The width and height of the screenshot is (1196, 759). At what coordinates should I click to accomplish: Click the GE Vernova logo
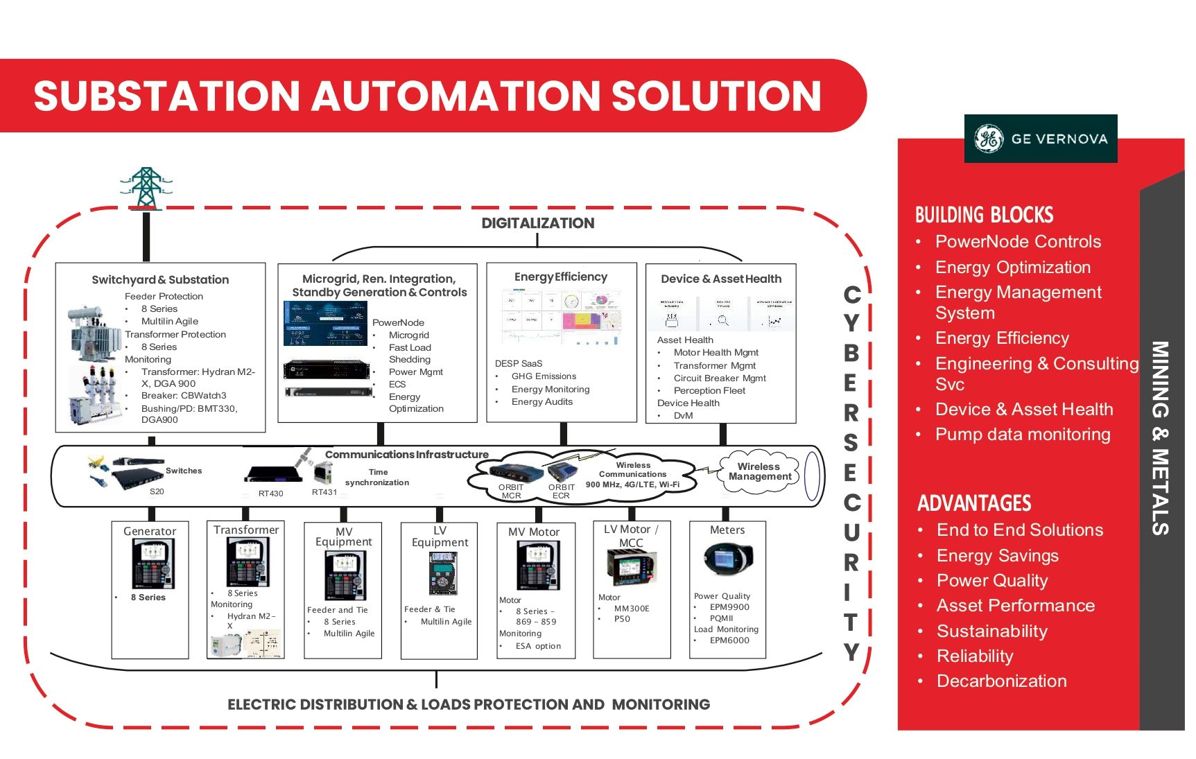click(1040, 139)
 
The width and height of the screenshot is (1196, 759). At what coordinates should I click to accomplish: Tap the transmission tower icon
click(146, 188)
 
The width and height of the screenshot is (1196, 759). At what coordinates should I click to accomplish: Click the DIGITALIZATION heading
click(537, 223)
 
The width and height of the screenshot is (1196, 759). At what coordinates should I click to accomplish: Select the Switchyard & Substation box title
click(160, 280)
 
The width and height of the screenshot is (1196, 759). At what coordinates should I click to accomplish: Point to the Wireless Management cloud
click(759, 472)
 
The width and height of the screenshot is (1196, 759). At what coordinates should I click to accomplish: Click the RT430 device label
click(270, 494)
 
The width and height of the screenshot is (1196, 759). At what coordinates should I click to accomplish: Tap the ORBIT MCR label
click(511, 491)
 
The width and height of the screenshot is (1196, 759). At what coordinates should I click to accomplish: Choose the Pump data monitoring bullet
click(1022, 435)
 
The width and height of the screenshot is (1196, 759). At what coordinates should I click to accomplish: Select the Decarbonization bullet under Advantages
click(1001, 681)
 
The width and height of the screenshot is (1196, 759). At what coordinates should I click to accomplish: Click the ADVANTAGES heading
click(974, 503)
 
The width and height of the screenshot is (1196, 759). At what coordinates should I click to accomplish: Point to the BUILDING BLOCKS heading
click(984, 215)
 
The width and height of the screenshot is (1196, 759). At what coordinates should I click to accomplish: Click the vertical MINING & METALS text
click(1160, 438)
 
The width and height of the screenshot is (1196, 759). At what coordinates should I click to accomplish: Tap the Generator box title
click(150, 532)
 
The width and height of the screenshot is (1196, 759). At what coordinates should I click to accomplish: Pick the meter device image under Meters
click(727, 559)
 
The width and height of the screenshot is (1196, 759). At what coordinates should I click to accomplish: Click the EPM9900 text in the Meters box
click(729, 607)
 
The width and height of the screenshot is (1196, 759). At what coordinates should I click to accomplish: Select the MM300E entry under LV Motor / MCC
click(632, 609)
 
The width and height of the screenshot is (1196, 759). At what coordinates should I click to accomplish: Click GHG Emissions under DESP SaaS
click(544, 376)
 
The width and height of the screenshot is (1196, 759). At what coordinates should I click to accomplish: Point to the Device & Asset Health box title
click(721, 279)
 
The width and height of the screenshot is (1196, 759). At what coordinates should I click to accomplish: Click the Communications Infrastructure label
click(406, 455)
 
